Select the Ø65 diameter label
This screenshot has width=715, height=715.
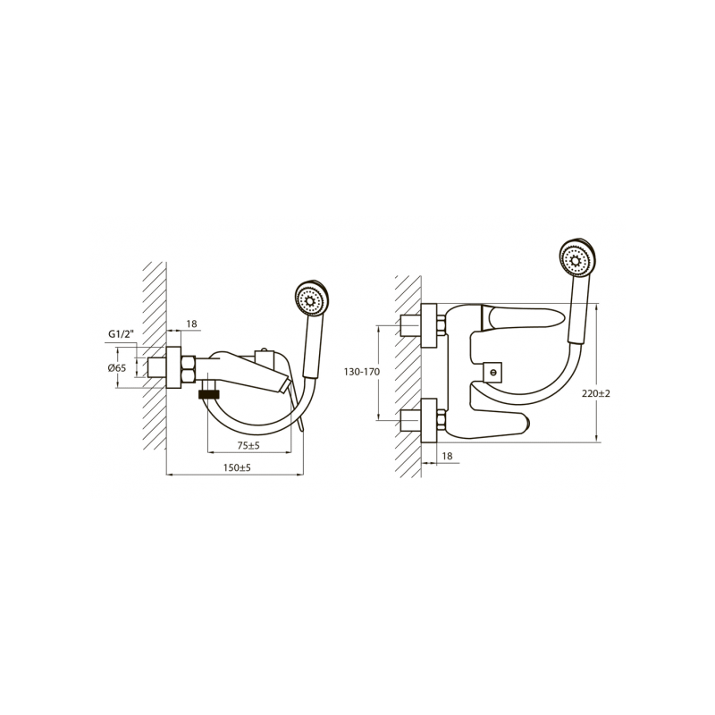click(x=116, y=366)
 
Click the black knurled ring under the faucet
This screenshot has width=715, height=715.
click(x=209, y=392)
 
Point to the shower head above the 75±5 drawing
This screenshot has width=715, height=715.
click(x=311, y=300)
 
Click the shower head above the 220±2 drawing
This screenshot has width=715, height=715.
click(x=577, y=260)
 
